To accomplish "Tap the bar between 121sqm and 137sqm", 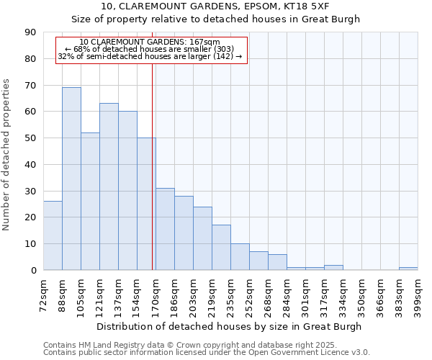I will click(109, 186).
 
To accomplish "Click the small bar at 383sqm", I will click(408, 269).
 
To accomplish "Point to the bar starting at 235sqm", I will click(240, 257).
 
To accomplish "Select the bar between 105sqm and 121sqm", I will click(90, 201).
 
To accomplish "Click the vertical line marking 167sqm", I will click(153, 166).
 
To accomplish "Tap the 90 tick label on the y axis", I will click(30, 32).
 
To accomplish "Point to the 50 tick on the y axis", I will click(30, 138).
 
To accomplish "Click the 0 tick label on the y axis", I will click(33, 271).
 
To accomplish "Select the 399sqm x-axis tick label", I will click(418, 295).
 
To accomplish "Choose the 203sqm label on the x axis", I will click(194, 295).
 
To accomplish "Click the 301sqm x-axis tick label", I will click(306, 295).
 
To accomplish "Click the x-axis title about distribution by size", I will click(230, 326).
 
